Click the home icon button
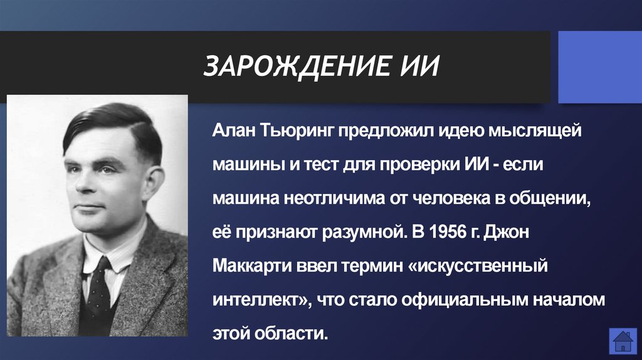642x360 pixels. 623,341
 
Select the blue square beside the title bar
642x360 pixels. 599,67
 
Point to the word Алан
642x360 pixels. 232,132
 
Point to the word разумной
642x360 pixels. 354,232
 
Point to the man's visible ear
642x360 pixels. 153,181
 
